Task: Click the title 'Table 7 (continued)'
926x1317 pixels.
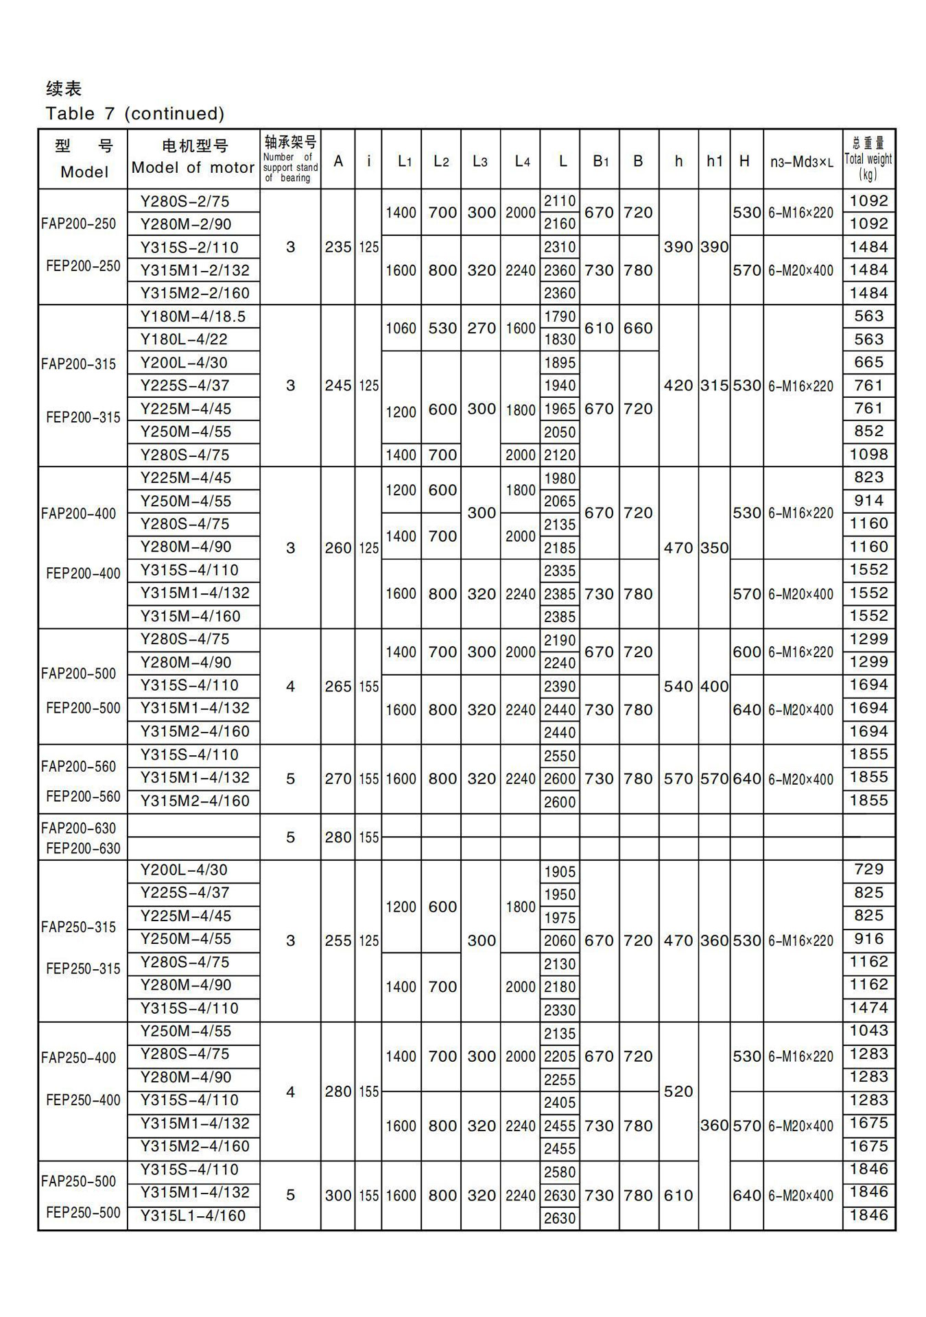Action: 135,113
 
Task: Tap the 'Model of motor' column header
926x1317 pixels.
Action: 193,167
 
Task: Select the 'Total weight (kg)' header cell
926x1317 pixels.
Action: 868,159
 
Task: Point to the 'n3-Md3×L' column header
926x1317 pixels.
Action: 802,162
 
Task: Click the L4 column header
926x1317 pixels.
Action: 522,162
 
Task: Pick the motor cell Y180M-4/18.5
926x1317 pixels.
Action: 193,317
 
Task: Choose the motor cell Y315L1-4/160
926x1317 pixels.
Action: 193,1216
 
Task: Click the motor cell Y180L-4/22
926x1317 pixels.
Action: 184,340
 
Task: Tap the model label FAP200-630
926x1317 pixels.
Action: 79,828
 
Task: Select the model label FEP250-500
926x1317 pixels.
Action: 83,1212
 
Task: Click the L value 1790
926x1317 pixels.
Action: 560,317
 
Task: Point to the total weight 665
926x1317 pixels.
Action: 868,362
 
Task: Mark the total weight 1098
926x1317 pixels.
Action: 868,454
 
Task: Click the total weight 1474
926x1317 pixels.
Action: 868,1008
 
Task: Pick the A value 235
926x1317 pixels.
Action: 338,247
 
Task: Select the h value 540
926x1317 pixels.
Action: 678,686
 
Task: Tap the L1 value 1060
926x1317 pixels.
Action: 401,329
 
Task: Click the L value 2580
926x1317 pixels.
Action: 560,1172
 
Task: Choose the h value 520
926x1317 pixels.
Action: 678,1091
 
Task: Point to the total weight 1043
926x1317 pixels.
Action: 868,1031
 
